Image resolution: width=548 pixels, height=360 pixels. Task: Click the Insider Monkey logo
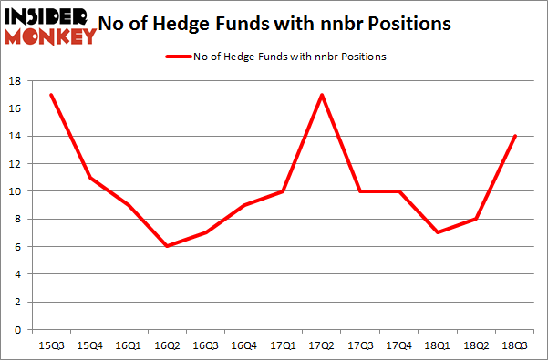point(50,26)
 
